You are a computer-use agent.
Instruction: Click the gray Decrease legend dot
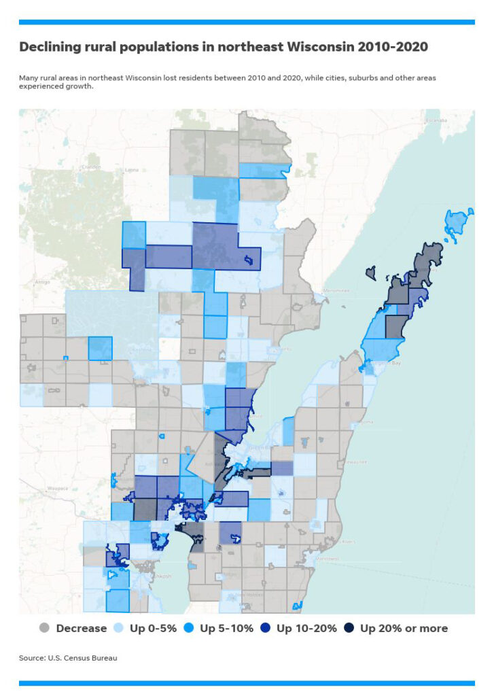point(45,628)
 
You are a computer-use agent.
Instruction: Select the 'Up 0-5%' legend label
point(153,628)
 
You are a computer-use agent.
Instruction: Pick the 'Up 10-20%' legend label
point(306,628)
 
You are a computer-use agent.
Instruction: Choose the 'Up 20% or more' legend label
point(404,628)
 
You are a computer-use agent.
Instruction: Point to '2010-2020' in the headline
point(389,47)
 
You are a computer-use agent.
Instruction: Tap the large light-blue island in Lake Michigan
point(458,222)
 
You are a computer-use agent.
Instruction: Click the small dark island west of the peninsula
point(370,272)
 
